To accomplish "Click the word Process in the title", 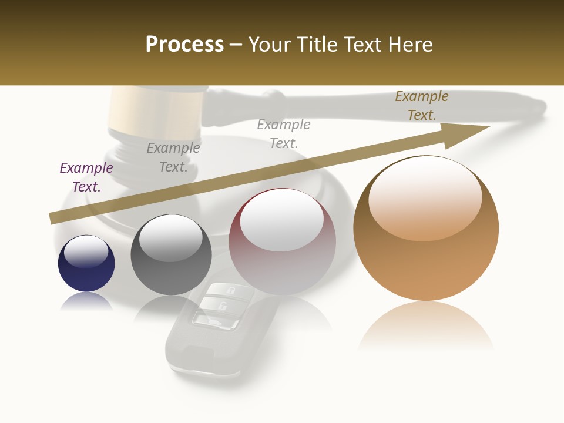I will [x=184, y=45].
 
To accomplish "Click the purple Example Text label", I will [x=86, y=177].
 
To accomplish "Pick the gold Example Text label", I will [x=421, y=106].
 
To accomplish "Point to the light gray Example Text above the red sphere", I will [x=284, y=133].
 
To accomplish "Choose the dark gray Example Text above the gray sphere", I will [x=173, y=157].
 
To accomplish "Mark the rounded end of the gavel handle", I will [x=538, y=108].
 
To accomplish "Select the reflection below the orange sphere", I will [x=426, y=326].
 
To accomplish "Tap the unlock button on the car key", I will [x=223, y=306].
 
